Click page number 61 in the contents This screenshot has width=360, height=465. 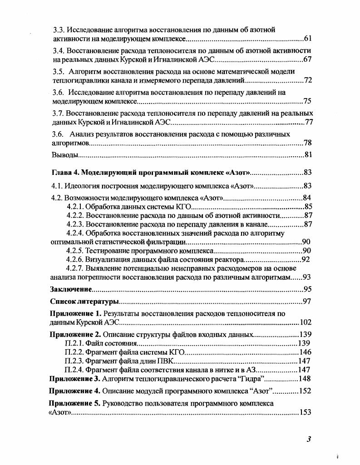[307, 39]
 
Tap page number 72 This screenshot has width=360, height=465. [307, 80]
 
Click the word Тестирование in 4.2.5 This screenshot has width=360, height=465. [107, 251]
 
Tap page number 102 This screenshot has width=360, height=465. [305, 322]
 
